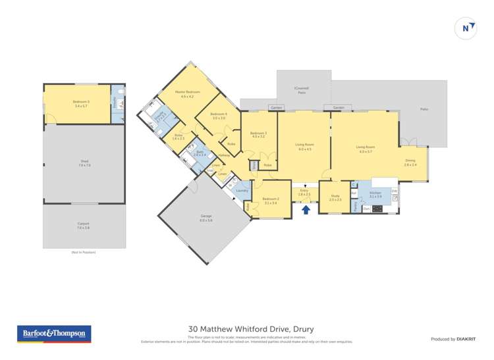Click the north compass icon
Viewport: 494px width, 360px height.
click(x=466, y=28)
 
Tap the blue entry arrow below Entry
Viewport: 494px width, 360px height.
click(x=306, y=209)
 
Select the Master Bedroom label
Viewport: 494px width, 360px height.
click(x=187, y=93)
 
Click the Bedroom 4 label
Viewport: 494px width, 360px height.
click(x=219, y=116)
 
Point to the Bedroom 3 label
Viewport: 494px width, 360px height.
click(x=258, y=134)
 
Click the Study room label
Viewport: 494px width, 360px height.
click(x=335, y=197)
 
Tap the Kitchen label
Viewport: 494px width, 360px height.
click(x=375, y=194)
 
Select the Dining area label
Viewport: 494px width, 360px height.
click(x=410, y=162)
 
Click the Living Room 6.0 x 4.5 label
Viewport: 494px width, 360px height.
click(x=304, y=148)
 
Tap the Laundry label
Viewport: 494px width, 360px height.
click(x=242, y=190)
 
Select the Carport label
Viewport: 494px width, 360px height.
click(x=83, y=225)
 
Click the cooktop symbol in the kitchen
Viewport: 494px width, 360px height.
click(x=377, y=209)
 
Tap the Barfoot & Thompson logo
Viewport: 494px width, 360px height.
click(x=53, y=334)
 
